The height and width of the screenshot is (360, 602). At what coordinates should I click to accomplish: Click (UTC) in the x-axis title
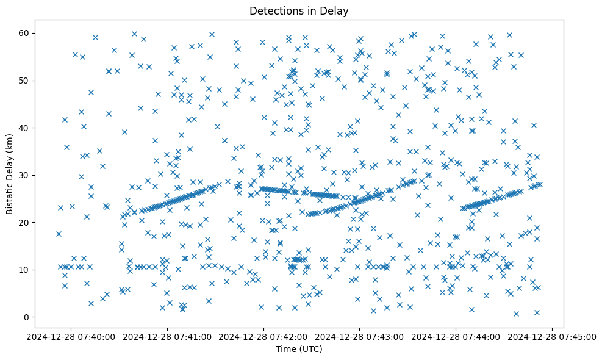(x=309, y=349)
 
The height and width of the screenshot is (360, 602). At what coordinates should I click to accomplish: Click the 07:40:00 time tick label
(x=71, y=336)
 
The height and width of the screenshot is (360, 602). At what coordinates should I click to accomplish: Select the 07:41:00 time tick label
(x=167, y=336)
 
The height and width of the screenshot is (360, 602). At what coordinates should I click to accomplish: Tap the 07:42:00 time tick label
(x=263, y=336)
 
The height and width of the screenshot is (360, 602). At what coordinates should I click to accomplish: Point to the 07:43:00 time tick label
(x=360, y=336)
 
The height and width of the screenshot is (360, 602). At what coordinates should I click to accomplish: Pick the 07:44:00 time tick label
(x=456, y=336)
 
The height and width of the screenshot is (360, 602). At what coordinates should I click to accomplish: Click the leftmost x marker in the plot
(x=59, y=234)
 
